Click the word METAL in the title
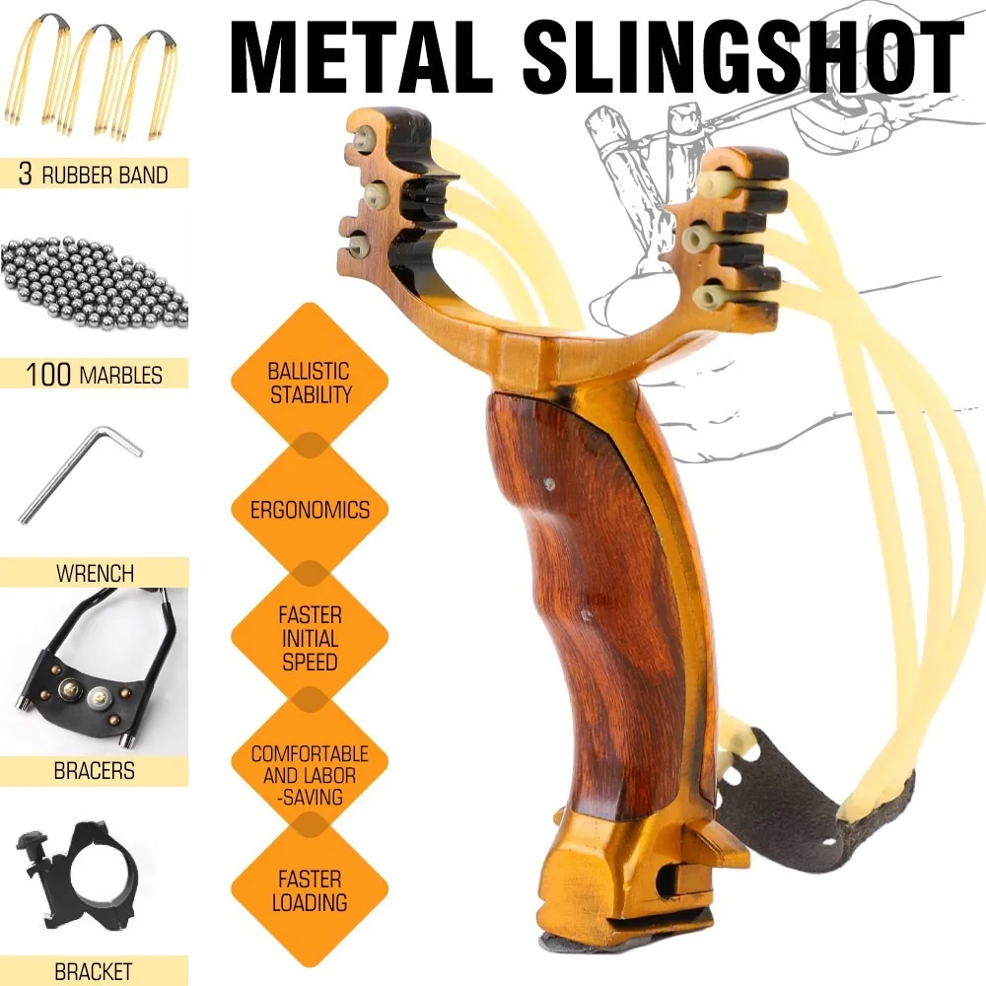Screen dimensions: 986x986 tap(361, 58)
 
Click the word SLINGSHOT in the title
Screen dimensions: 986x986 tap(742, 58)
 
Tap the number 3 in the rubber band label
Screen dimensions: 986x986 tap(26, 174)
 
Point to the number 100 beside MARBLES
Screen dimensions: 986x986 tap(48, 374)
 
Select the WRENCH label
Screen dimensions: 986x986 tap(95, 573)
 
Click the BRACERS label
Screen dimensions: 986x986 tap(95, 770)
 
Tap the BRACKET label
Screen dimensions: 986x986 tap(94, 971)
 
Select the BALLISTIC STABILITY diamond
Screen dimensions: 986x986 tap(310, 383)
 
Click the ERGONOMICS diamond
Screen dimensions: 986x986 tap(310, 510)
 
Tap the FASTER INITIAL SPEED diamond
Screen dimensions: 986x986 tap(310, 638)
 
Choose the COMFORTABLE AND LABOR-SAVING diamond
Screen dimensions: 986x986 tap(310, 775)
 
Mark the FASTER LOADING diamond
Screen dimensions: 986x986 tap(310, 890)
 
